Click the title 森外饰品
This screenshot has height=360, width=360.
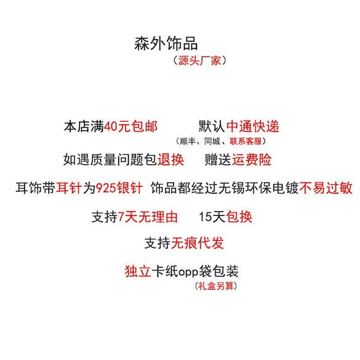166,44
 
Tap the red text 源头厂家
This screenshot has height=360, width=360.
199,61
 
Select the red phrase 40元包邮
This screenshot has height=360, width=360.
130,127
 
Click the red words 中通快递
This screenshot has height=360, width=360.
253,127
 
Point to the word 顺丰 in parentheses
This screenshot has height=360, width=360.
188,141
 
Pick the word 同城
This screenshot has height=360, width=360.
212,141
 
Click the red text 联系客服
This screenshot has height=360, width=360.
246,141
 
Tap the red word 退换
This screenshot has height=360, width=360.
170,159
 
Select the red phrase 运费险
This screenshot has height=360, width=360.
252,159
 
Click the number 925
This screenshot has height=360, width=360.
106,188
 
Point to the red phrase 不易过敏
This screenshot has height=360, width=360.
326,188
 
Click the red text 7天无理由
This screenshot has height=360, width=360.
148,217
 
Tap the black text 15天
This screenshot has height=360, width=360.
212,217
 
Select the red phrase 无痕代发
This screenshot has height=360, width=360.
197,243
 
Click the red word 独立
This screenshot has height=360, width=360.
138,271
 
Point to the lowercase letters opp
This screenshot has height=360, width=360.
188,273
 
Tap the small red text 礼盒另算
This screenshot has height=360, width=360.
215,286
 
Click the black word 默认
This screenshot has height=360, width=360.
212,127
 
